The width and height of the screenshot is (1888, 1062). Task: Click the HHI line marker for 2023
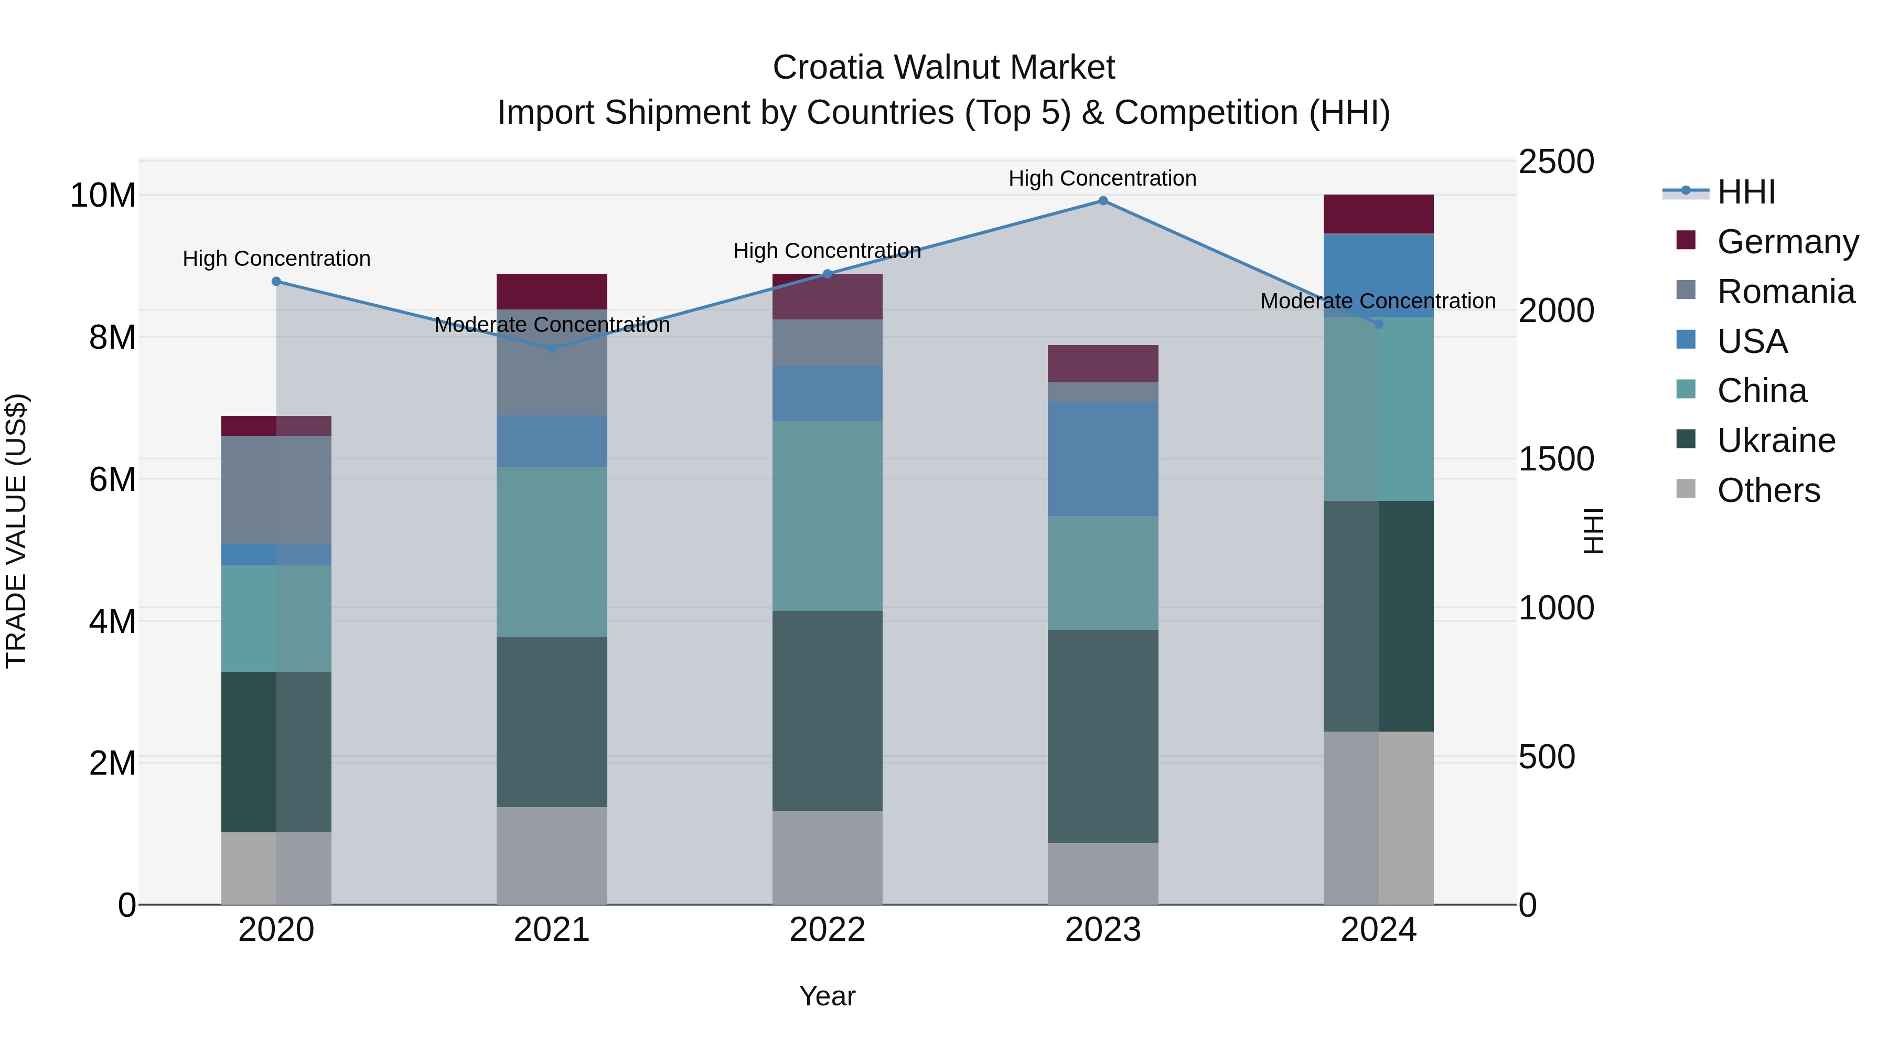coord(1102,201)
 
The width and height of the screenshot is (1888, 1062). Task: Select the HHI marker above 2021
coord(552,348)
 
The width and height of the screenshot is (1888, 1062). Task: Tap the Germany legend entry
coord(1787,242)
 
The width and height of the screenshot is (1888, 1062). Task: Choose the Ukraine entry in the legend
coord(1776,441)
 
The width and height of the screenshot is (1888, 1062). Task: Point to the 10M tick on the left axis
coord(103,196)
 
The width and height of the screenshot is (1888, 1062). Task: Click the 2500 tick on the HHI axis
coord(1556,162)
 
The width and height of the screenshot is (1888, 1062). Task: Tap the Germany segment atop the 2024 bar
coord(1378,214)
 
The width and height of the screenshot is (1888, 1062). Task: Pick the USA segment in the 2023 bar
coord(1102,459)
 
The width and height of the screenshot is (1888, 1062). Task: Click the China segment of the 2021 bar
coord(552,552)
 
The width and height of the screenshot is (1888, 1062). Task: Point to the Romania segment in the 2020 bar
coord(276,490)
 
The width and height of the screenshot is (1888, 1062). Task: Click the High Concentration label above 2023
coord(1102,179)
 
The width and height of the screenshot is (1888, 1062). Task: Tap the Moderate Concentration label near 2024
coord(1378,301)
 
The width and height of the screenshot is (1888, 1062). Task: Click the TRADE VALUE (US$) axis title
coord(16,531)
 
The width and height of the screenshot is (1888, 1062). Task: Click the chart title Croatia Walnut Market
coord(943,68)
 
